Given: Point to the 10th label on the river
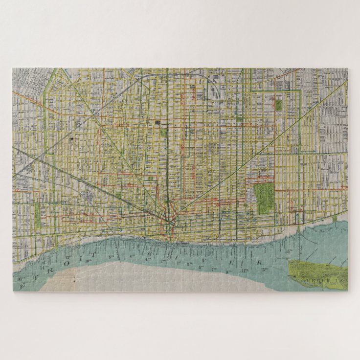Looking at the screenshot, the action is [88, 261].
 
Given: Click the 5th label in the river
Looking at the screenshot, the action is [201, 267].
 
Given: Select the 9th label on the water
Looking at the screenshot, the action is [229, 271].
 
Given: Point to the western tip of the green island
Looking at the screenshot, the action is [290, 265].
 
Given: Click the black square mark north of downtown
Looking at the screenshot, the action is [157, 122].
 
